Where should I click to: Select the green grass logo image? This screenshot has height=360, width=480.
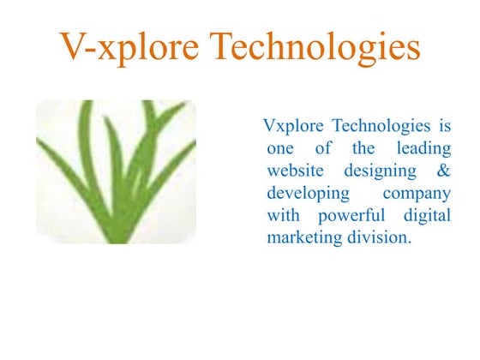(116, 171)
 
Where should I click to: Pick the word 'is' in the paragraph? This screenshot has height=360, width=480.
(444, 127)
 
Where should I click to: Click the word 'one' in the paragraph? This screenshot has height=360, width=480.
(281, 149)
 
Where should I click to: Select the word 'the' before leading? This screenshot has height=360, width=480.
(364, 149)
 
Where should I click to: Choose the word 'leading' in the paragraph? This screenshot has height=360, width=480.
(423, 149)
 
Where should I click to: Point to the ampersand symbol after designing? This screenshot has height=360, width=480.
(443, 171)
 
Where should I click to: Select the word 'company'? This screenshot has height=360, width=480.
(417, 195)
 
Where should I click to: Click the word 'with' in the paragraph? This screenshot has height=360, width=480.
(284, 215)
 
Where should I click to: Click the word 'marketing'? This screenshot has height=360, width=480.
(306, 238)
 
